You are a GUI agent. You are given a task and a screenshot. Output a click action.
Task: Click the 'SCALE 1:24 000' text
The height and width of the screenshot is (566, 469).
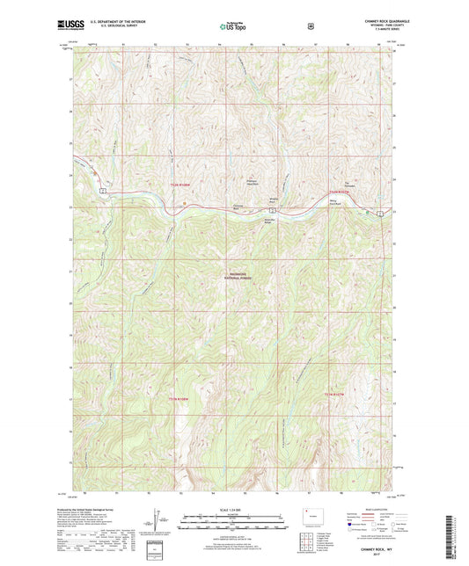[x=234, y=511]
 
